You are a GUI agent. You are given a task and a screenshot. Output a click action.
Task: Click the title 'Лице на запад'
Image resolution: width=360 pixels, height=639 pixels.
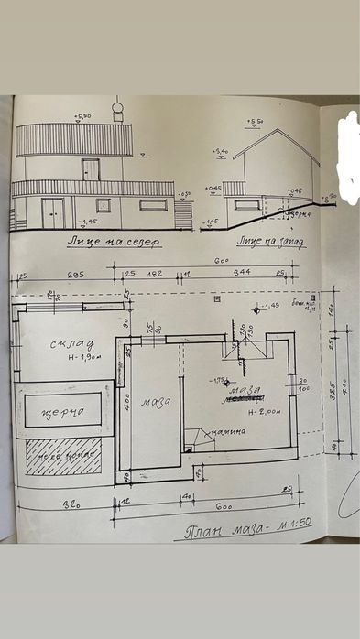(270, 242)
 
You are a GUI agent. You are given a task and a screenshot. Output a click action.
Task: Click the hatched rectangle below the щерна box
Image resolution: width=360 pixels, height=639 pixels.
(61, 455)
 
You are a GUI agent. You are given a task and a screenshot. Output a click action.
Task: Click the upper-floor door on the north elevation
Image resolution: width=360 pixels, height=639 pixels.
(91, 168)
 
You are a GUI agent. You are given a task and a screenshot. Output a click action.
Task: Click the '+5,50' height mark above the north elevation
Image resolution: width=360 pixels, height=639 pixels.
(84, 117)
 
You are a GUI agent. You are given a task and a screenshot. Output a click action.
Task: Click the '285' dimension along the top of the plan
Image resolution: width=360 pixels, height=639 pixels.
(74, 275)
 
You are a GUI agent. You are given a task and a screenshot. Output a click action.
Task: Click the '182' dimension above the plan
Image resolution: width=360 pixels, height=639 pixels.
(157, 274)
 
